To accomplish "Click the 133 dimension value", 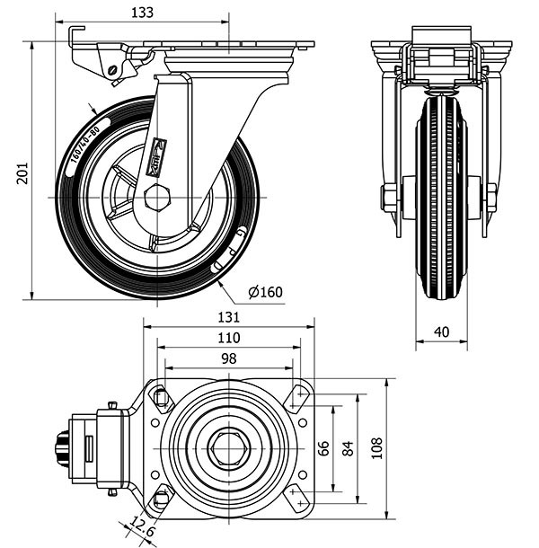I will [x=141, y=13].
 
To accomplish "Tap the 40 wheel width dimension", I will [x=441, y=331].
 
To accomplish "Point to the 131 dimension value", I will [x=229, y=317].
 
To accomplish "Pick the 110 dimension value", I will [x=229, y=338].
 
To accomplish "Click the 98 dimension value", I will [x=228, y=358].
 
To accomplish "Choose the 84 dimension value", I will [x=348, y=446].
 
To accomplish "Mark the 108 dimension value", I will [x=377, y=446].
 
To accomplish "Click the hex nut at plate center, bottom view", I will [x=228, y=447].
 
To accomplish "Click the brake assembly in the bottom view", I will [x=90, y=447].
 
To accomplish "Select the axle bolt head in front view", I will [x=389, y=197].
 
